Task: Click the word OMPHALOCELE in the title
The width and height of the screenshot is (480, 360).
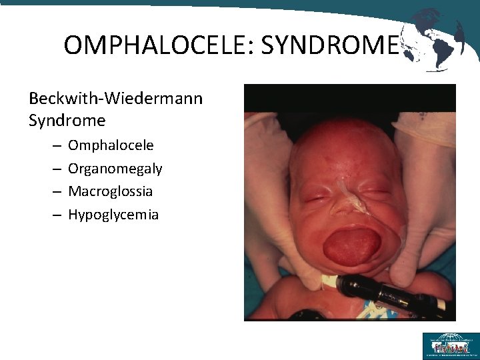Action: tap(157, 45)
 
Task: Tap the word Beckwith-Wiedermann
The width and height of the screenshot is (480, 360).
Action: tap(115, 99)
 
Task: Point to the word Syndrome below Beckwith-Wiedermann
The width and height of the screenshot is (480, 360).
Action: tap(67, 121)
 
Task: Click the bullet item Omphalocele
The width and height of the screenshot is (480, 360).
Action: tap(111, 145)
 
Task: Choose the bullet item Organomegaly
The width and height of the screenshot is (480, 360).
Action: tap(115, 169)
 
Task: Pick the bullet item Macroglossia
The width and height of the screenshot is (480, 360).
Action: tap(110, 191)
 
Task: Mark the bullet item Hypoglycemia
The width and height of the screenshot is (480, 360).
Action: tap(113, 215)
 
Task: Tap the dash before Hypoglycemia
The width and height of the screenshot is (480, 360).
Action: tap(55, 215)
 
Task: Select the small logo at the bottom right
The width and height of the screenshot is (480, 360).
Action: tap(451, 345)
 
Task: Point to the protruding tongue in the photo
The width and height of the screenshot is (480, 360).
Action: tap(351, 245)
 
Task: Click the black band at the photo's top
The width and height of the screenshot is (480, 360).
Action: tap(349, 97)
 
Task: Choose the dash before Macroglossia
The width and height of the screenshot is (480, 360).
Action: tap(55, 192)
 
